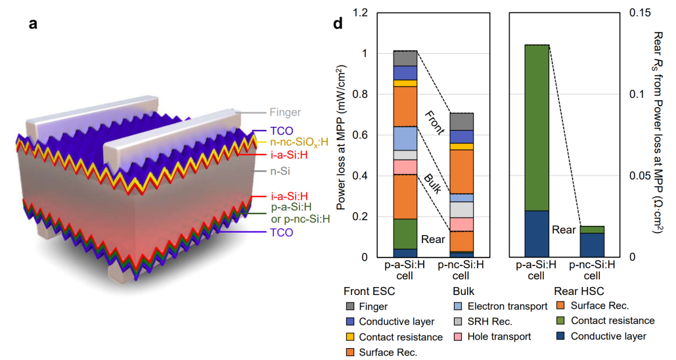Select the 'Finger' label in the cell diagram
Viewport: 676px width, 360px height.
point(284,112)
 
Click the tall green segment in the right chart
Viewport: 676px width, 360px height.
point(536,127)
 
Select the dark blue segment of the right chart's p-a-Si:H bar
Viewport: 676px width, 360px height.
point(536,234)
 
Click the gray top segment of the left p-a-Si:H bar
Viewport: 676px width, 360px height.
point(405,58)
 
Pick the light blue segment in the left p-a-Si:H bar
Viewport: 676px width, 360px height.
point(405,138)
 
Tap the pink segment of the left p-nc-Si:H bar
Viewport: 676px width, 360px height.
point(461,224)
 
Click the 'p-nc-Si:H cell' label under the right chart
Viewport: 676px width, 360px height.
point(591,270)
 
